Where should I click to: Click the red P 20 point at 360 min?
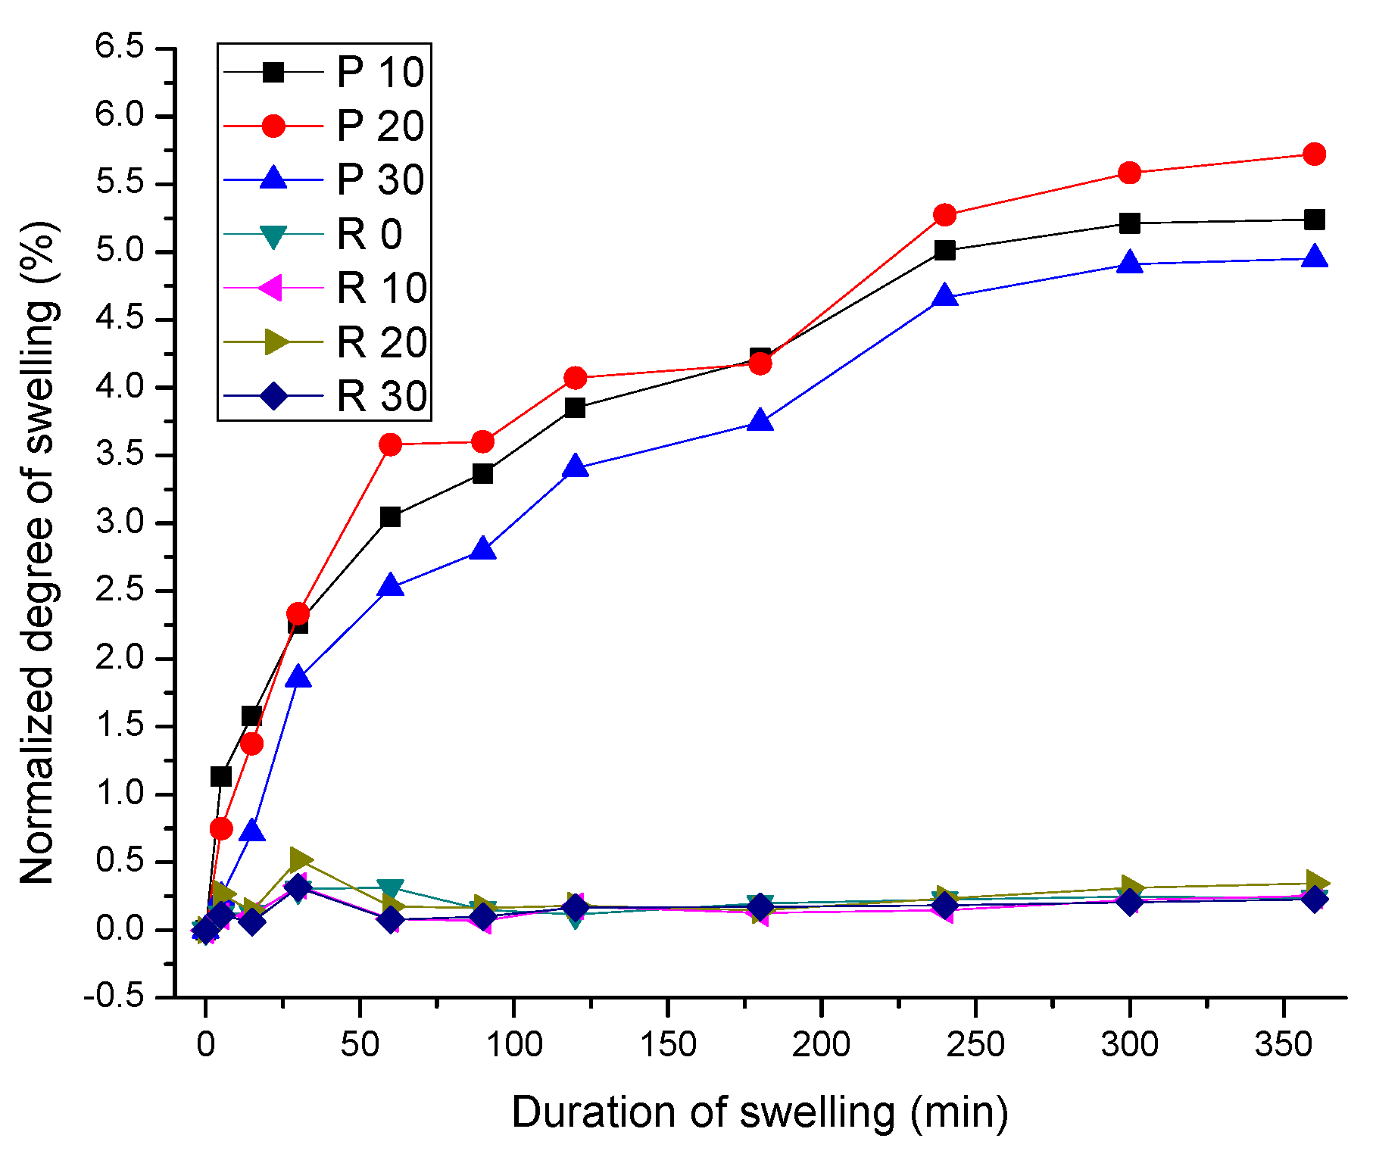pyautogui.click(x=1315, y=154)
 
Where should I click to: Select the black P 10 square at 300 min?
pyautogui.click(x=1129, y=223)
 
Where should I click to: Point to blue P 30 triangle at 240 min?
pyautogui.click(x=944, y=296)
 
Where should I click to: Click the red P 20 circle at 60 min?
pyautogui.click(x=390, y=444)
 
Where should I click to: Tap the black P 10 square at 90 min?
pyautogui.click(x=482, y=474)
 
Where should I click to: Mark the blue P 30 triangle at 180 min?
pyautogui.click(x=760, y=421)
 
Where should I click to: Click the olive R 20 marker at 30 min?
pyautogui.click(x=300, y=859)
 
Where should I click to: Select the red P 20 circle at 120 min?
pyautogui.click(x=575, y=377)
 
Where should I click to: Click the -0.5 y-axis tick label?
pyautogui.click(x=114, y=996)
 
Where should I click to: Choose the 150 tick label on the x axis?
pyautogui.click(x=667, y=1046)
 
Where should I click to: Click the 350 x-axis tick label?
pyautogui.click(x=1284, y=1046)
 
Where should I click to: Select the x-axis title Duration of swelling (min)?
pyautogui.click(x=760, y=1112)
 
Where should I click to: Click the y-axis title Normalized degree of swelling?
pyautogui.click(x=38, y=553)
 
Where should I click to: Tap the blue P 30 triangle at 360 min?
pyautogui.click(x=1315, y=257)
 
